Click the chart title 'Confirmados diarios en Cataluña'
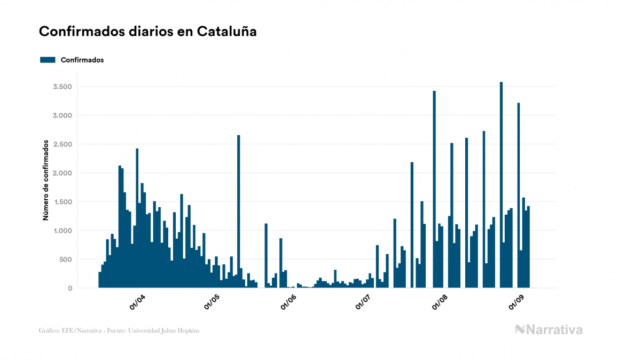tap(148, 32)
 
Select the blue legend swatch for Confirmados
tap(48, 60)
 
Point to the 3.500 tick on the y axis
tap(61, 87)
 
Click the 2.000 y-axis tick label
tap(61, 173)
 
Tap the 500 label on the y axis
tap(66, 260)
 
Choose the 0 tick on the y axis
tap(70, 288)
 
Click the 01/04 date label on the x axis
tap(138, 303)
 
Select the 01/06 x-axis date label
tap(288, 303)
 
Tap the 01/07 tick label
tap(364, 303)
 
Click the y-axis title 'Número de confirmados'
tap(46, 181)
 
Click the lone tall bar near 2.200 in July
tap(412, 224)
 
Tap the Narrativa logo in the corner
tap(549, 330)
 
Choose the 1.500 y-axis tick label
tap(61, 202)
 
